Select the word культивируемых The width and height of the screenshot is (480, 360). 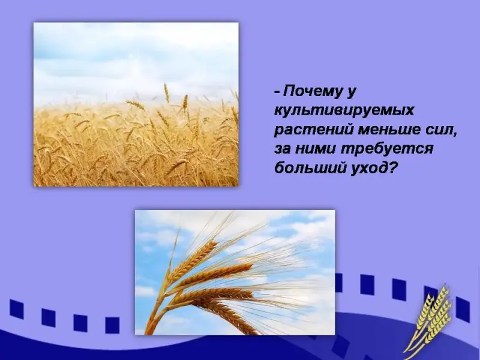pyautogui.click(x=344, y=110)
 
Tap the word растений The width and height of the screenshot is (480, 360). pyautogui.click(x=313, y=130)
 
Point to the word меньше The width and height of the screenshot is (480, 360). pyautogui.click(x=386, y=130)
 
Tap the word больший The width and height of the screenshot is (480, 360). pyautogui.click(x=310, y=167)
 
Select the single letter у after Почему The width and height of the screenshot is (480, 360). pyautogui.click(x=352, y=92)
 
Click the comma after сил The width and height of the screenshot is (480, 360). pyautogui.click(x=453, y=134)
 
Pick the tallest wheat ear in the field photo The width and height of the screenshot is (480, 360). pyautogui.click(x=167, y=93)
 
